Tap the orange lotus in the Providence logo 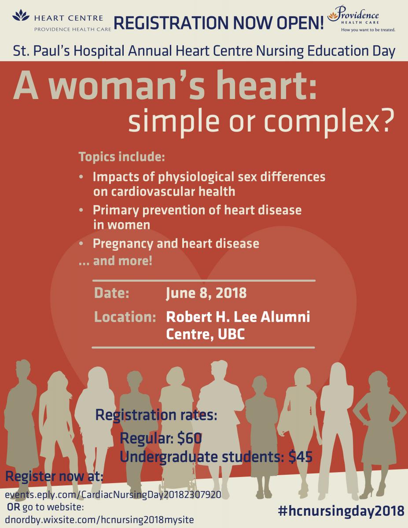point(333,16)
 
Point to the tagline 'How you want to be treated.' point(368,30)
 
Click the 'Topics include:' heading point(122,157)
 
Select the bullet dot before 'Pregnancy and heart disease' point(81,243)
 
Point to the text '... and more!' point(116,261)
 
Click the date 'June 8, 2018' point(206,293)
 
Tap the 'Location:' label point(125,317)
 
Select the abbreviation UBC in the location point(231,334)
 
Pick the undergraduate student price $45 point(300,457)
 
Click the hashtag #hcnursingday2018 point(342,510)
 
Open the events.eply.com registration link point(113,494)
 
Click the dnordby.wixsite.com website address point(99,520)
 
